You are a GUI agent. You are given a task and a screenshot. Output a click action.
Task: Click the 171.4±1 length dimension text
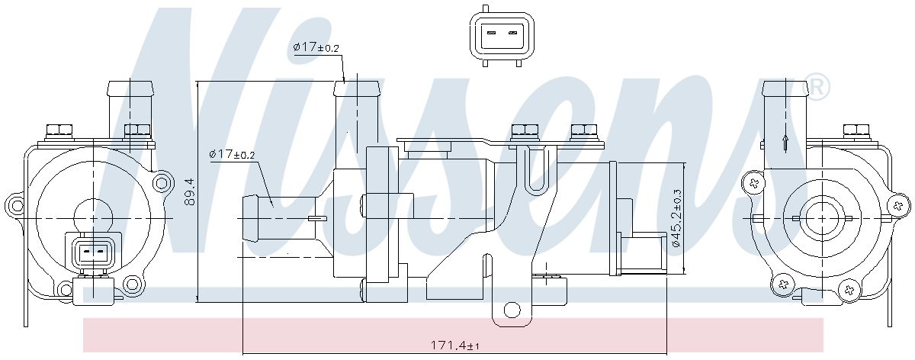click(x=454, y=346)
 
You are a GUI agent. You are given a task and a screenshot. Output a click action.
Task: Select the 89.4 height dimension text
click(x=191, y=191)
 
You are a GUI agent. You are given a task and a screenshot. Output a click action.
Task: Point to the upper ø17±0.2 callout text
click(x=316, y=47)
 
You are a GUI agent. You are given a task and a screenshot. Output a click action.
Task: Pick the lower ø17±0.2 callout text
click(x=232, y=155)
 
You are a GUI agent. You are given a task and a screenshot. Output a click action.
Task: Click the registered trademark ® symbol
click(x=818, y=88)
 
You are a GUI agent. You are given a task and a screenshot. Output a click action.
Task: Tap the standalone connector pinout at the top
click(x=502, y=37)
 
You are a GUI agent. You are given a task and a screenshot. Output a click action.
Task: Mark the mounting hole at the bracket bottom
click(x=512, y=310)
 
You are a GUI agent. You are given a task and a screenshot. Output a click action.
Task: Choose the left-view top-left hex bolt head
click(x=59, y=130)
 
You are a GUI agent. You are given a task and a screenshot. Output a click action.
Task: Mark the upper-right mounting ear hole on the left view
click(x=162, y=182)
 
